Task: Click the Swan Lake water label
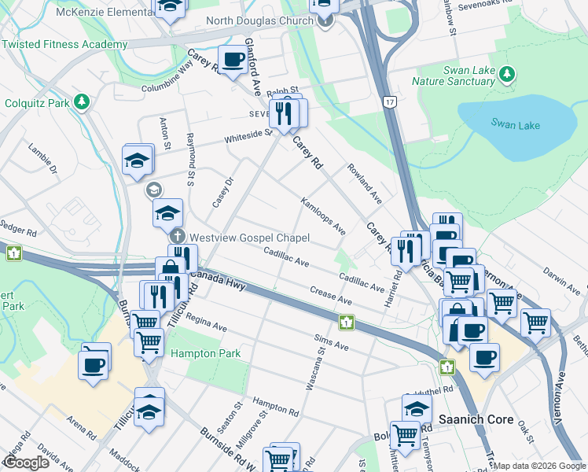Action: (x=512, y=124)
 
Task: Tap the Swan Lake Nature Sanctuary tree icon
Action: (x=508, y=74)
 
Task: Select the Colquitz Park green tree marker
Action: (x=80, y=101)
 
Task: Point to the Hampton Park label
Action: (x=206, y=354)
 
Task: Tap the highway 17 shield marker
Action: (x=389, y=101)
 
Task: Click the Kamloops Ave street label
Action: (x=322, y=216)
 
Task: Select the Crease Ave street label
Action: (x=330, y=296)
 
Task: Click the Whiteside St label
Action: (x=248, y=136)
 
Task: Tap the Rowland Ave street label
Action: (x=364, y=184)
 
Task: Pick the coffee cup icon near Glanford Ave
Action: (x=233, y=61)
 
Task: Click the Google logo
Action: (x=26, y=462)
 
